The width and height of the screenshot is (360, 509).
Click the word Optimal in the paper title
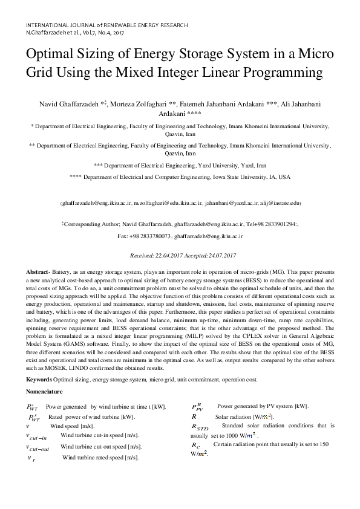54,53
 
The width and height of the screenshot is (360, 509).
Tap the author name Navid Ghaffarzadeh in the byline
61,105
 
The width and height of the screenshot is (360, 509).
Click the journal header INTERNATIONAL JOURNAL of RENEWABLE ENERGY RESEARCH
107,25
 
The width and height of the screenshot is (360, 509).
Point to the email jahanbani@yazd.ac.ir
230,204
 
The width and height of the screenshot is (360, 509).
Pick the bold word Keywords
38,379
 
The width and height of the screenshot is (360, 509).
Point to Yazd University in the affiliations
219,165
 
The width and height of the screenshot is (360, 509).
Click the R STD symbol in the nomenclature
199,427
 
